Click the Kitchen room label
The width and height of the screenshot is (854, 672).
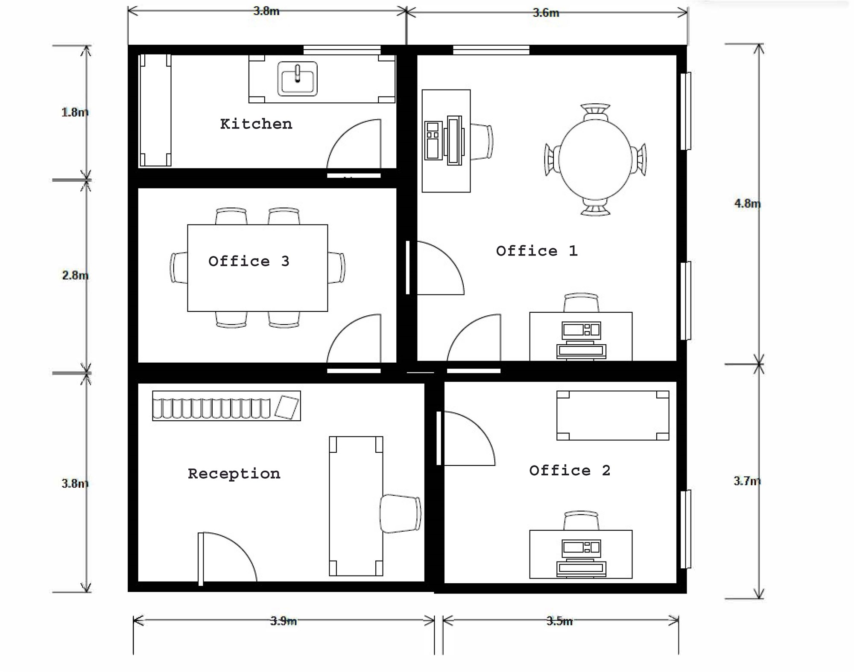click(x=256, y=124)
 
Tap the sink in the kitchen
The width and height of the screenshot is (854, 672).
click(x=297, y=79)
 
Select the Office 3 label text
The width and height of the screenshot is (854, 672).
click(x=249, y=261)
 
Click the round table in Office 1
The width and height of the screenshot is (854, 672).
click(x=595, y=159)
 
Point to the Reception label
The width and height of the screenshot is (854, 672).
click(x=234, y=474)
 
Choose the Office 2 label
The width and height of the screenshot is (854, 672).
click(x=570, y=471)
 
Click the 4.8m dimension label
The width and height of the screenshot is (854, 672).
click(x=747, y=204)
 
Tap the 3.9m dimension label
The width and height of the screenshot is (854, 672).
click(x=284, y=621)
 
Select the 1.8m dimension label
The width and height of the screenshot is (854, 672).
click(x=75, y=112)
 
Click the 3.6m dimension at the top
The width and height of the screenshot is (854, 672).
click(x=546, y=13)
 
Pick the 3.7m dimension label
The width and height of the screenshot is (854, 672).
click(x=747, y=481)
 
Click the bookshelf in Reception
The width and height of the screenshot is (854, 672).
click(x=226, y=406)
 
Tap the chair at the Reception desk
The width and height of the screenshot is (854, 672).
click(x=401, y=514)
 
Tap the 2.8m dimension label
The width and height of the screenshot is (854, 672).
click(x=75, y=276)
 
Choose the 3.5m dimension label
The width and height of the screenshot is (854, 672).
click(x=559, y=621)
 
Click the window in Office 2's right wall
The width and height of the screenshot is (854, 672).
click(x=685, y=529)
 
